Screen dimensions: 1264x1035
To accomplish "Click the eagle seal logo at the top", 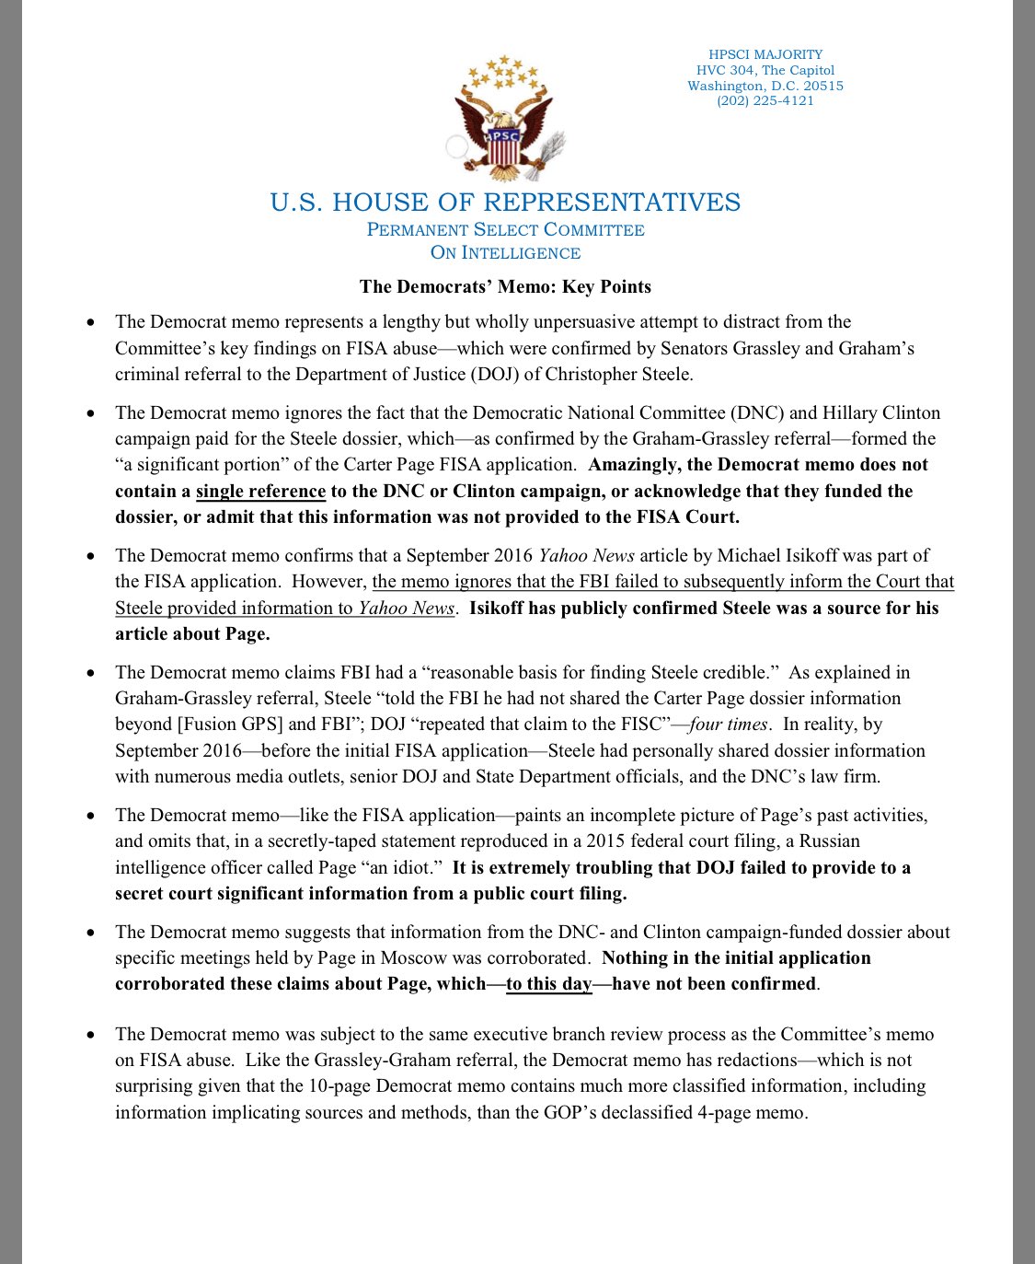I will pyautogui.click(x=505, y=120).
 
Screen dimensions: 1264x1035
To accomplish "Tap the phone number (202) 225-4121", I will pyautogui.click(x=765, y=101).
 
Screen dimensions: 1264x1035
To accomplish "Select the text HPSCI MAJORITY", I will pyautogui.click(x=765, y=54).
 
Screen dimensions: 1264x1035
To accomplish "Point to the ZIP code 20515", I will pyautogui.click(x=823, y=86).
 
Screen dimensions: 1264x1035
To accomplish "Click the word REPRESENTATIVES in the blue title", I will pyautogui.click(x=612, y=203).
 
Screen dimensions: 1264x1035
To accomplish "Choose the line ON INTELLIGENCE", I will pyautogui.click(x=505, y=253).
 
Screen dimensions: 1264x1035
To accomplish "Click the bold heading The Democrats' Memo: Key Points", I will pyautogui.click(x=505, y=286).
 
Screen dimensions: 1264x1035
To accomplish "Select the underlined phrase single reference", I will pyautogui.click(x=260, y=492).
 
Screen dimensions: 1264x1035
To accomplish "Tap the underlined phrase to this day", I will pyautogui.click(x=549, y=984).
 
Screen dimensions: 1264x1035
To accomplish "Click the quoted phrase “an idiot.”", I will pyautogui.click(x=404, y=868).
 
